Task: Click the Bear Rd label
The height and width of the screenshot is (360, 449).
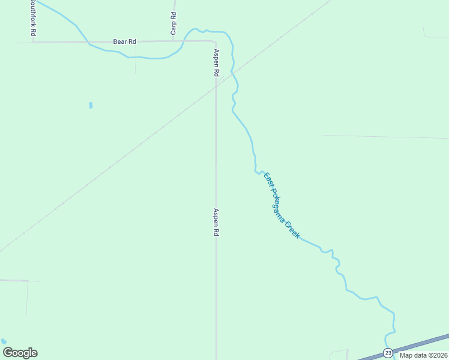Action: (x=125, y=41)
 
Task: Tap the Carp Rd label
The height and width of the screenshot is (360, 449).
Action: (x=173, y=23)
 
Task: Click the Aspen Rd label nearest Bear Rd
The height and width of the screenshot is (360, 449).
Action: (x=215, y=62)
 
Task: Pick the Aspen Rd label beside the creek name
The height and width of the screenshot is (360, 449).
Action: (x=215, y=222)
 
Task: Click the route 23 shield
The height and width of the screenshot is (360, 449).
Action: (x=388, y=353)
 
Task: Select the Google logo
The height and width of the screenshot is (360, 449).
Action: (x=20, y=353)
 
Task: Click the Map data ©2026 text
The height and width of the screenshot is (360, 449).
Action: (x=423, y=355)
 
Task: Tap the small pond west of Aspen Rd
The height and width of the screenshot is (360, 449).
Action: (x=91, y=105)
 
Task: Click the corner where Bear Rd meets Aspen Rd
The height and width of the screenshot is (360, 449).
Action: (x=215, y=42)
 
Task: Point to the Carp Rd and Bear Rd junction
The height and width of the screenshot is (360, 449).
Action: (x=173, y=41)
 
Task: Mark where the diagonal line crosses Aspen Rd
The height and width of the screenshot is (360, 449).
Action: (x=216, y=86)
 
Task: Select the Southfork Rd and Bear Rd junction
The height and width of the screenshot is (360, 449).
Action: (x=33, y=42)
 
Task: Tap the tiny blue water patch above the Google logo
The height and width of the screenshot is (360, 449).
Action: (x=4, y=341)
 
